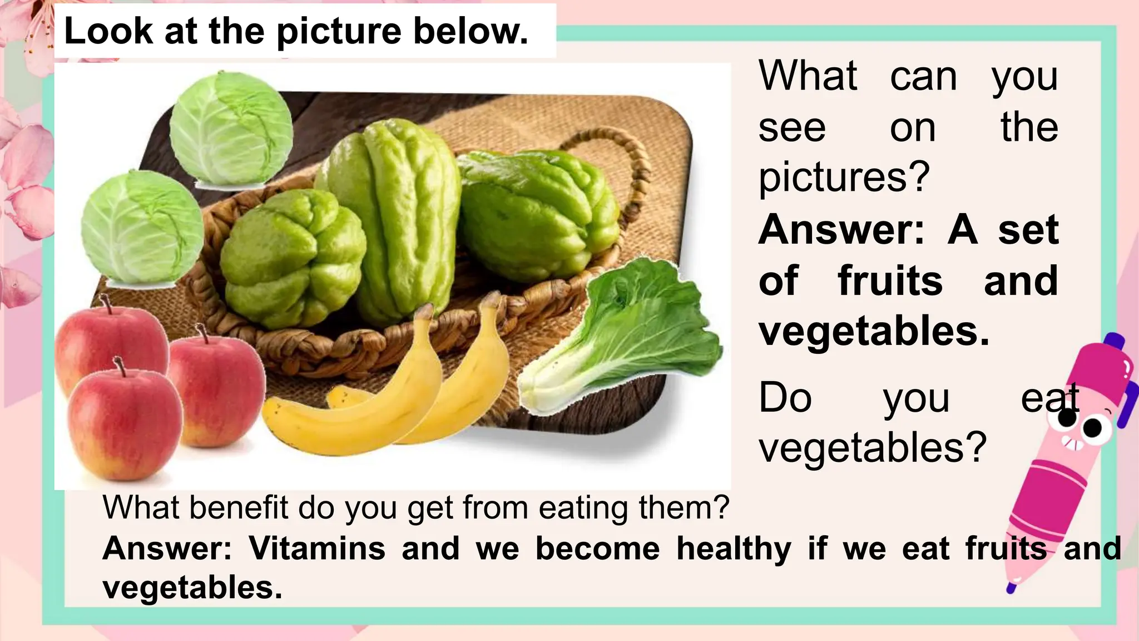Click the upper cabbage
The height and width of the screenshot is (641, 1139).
pos(231,129)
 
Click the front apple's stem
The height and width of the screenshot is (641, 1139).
pos(120,367)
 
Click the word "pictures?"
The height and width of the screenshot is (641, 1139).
pos(844,177)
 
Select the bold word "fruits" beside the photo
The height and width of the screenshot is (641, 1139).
pos(890,281)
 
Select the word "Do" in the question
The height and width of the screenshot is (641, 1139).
pos(785,398)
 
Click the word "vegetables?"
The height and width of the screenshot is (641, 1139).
pos(872,447)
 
